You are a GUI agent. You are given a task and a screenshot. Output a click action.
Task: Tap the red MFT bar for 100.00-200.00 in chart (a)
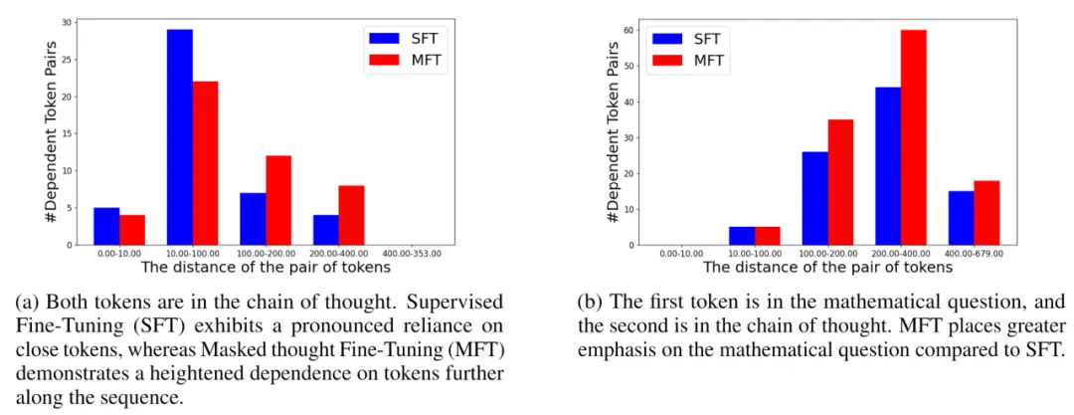click(x=278, y=200)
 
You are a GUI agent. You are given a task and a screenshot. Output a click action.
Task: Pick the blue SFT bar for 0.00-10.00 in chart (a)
click(x=106, y=226)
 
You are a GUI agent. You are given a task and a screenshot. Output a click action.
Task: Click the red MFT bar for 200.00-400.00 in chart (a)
click(x=351, y=214)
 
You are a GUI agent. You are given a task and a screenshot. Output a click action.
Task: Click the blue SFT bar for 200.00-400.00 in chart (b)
click(x=888, y=165)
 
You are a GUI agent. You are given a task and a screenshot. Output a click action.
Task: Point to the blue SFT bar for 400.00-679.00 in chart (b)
click(x=962, y=218)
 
